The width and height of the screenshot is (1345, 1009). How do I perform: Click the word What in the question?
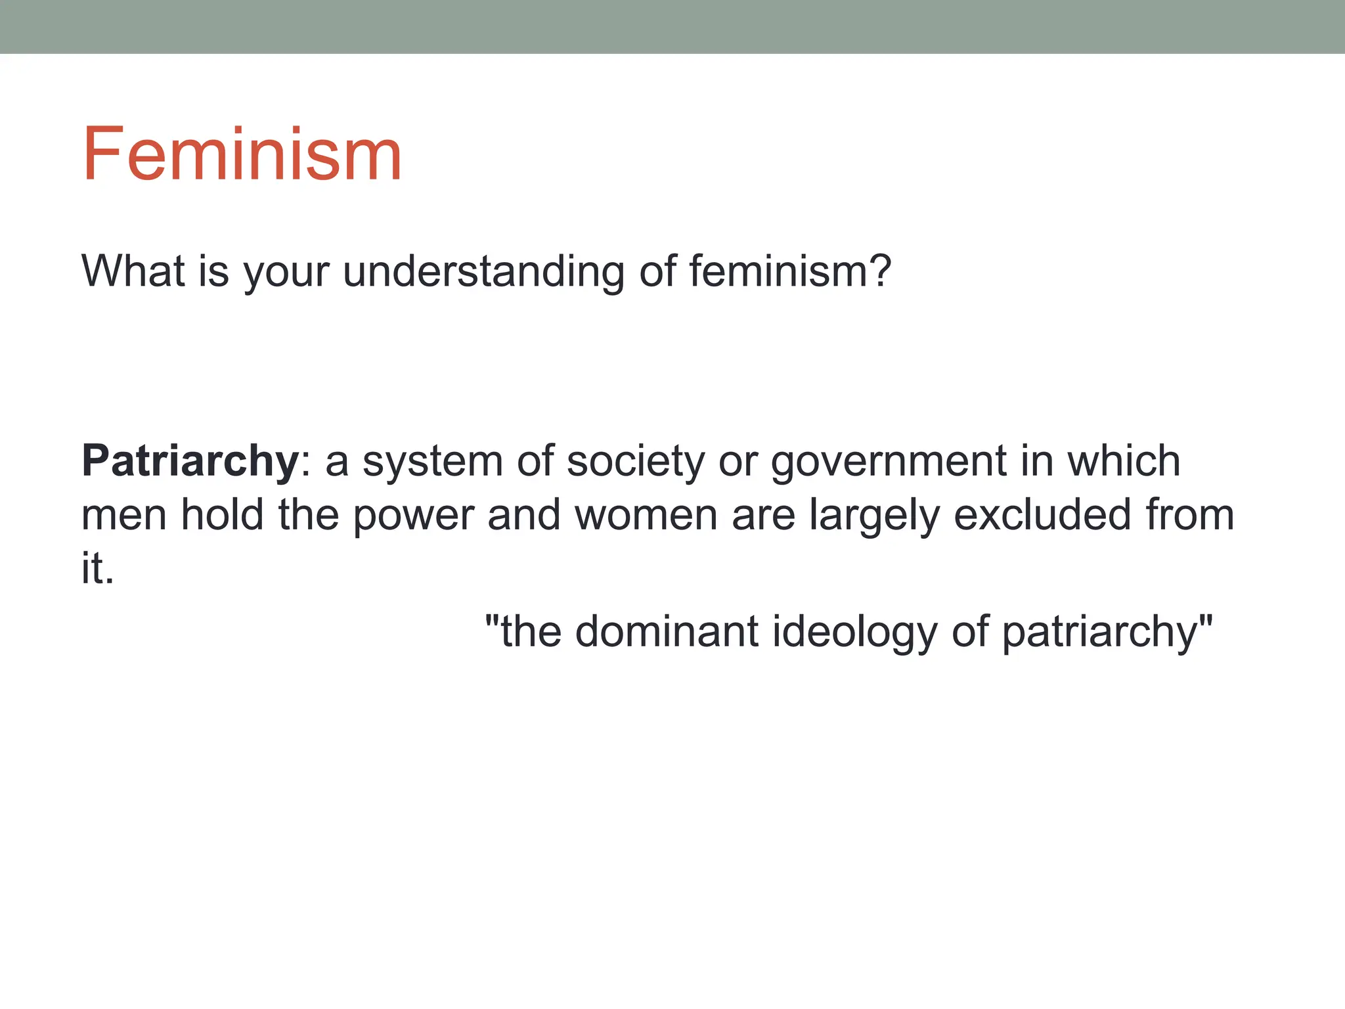tap(133, 271)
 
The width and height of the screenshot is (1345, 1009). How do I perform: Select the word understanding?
tap(483, 272)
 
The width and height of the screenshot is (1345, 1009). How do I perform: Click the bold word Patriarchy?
tap(190, 462)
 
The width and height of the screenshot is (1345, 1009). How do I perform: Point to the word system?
tap(432, 462)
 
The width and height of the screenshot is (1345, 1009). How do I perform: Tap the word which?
tap(1124, 460)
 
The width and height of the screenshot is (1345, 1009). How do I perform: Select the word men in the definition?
tap(123, 516)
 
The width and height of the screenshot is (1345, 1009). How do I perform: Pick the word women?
tap(646, 516)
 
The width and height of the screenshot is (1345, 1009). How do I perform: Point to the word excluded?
tap(1042, 514)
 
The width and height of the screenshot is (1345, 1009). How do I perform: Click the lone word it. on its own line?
tap(97, 568)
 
